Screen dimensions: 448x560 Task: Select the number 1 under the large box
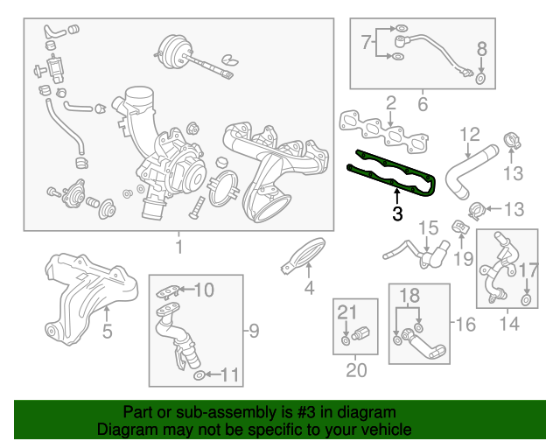(178, 248)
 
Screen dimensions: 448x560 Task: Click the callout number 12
(470, 135)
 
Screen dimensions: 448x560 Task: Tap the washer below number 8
(480, 81)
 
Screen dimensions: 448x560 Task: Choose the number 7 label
(367, 41)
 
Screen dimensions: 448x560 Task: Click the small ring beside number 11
(200, 375)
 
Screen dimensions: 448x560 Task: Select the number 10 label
(203, 290)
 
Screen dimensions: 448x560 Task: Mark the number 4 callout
(309, 289)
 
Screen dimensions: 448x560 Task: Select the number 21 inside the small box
(348, 311)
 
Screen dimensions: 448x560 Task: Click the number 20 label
(356, 370)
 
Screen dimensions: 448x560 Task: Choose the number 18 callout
(409, 297)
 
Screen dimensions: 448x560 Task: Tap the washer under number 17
(527, 300)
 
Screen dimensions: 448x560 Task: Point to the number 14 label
(508, 325)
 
